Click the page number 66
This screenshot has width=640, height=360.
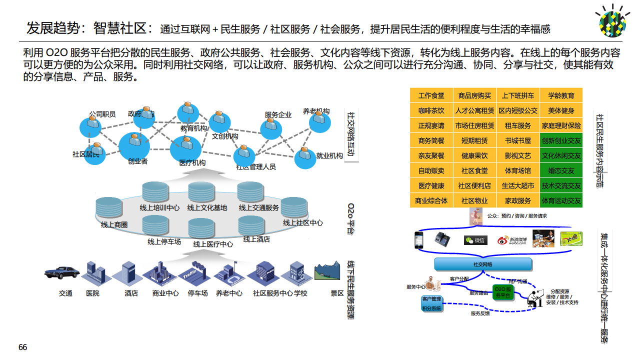coord(22,347)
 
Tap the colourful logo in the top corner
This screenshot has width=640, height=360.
coord(613,21)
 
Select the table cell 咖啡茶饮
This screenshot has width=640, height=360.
coord(431,110)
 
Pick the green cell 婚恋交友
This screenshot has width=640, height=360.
coord(561,170)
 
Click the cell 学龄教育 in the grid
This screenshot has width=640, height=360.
coord(561,95)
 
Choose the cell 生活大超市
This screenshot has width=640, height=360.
coord(517,185)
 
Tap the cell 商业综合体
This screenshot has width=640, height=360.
coord(431,200)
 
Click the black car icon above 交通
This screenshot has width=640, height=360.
coord(62,272)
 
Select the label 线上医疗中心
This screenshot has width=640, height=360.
coord(213,244)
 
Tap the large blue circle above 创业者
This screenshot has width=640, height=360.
coord(134,146)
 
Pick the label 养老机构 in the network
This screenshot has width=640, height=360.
coord(316,111)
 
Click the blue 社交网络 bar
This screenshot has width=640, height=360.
coord(482,264)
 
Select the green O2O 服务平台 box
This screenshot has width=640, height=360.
coord(503,292)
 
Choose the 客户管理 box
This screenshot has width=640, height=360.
coord(431,299)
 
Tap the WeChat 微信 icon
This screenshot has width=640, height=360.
coord(475,240)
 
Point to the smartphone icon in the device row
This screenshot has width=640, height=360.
coord(418,239)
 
